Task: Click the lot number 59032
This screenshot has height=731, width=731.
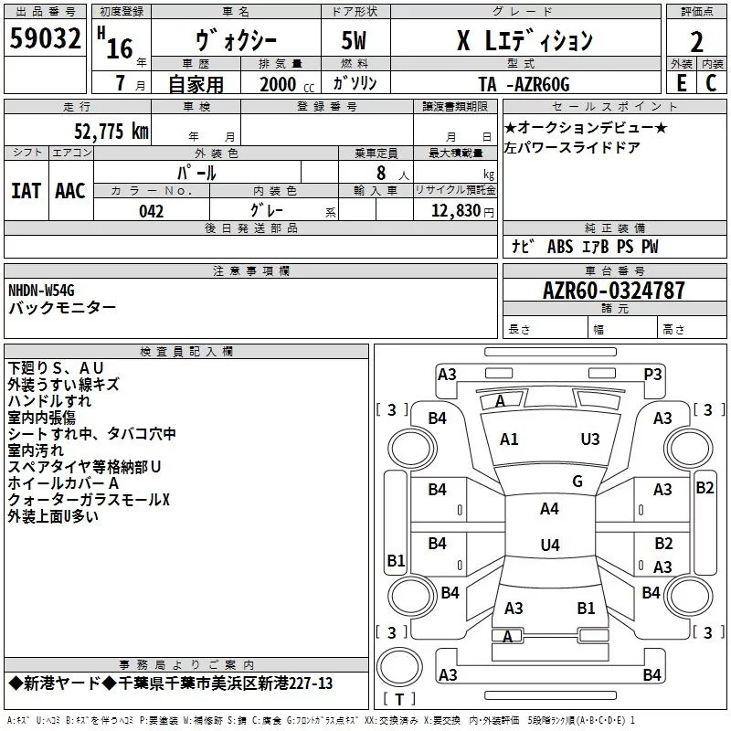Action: click(45, 37)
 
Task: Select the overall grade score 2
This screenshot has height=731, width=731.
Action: click(696, 42)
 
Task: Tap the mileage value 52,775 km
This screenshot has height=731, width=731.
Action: click(111, 132)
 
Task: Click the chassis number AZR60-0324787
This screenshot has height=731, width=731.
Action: click(614, 291)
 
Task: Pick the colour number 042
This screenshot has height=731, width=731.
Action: click(151, 211)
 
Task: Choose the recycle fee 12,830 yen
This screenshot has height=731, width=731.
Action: click(462, 211)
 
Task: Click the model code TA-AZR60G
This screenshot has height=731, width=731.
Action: click(524, 84)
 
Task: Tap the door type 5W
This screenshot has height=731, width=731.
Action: click(354, 40)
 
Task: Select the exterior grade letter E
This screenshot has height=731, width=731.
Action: click(681, 83)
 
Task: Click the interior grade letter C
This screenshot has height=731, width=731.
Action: click(711, 83)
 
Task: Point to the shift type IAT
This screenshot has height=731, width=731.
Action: click(26, 191)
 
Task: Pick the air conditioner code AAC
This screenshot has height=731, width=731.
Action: click(70, 191)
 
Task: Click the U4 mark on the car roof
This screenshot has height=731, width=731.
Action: click(550, 545)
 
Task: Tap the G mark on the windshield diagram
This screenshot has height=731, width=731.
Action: click(577, 482)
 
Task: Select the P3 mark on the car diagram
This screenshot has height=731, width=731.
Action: click(652, 375)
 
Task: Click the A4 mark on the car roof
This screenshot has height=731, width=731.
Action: click(549, 509)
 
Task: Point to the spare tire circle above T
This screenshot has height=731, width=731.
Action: click(399, 667)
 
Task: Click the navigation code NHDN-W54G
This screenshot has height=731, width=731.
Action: click(41, 291)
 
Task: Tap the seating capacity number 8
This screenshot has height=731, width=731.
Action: click(381, 173)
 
